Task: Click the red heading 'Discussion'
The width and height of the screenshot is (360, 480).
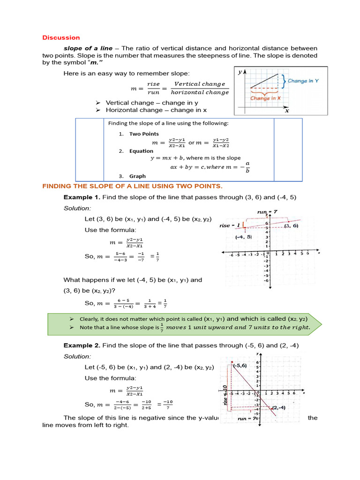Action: coord(61,37)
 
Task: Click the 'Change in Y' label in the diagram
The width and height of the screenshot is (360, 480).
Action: coord(303,81)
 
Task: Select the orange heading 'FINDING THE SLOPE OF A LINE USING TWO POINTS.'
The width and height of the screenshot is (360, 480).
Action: coord(133,186)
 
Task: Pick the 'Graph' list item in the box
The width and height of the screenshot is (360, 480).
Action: coord(137,176)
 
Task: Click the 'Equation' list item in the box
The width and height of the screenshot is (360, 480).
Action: coord(141,151)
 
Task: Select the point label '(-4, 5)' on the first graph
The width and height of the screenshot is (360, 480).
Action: coord(243,237)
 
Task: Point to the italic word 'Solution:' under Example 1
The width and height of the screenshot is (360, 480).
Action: coord(77,208)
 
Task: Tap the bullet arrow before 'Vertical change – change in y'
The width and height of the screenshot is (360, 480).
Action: coord(98,103)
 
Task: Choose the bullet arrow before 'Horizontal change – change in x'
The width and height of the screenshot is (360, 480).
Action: coord(98,110)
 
